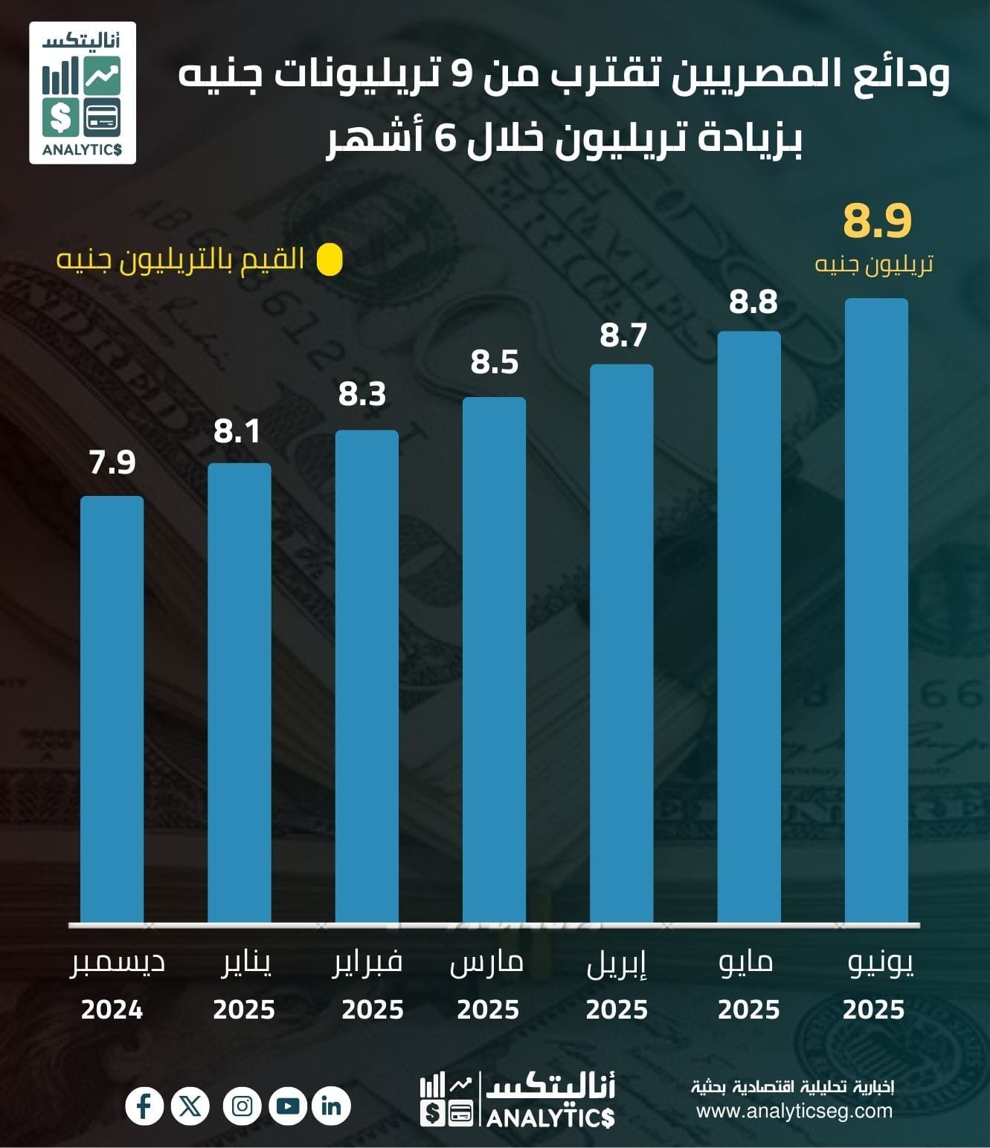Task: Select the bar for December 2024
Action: pos(112,710)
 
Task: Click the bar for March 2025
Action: pos(494,660)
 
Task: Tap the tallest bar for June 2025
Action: pos(876,611)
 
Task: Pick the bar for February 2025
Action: pos(367,677)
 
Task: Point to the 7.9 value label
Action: pos(112,462)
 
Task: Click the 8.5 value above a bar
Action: pos(495,363)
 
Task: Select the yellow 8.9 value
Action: pos(877,221)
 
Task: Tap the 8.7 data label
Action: pos(623,335)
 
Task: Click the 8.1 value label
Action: pos(237,431)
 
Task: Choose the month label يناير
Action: pos(247,964)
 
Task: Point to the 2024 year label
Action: pos(112,1010)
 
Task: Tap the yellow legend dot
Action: pos(330,260)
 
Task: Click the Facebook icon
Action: pos(144,1106)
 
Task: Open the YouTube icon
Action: pos(287,1106)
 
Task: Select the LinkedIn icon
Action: pos(331,1106)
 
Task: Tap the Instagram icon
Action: pos(242,1106)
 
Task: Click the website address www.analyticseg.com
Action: pos(794,1111)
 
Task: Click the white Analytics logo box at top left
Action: pos(83,93)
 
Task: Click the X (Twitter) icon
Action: pos(190,1106)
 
